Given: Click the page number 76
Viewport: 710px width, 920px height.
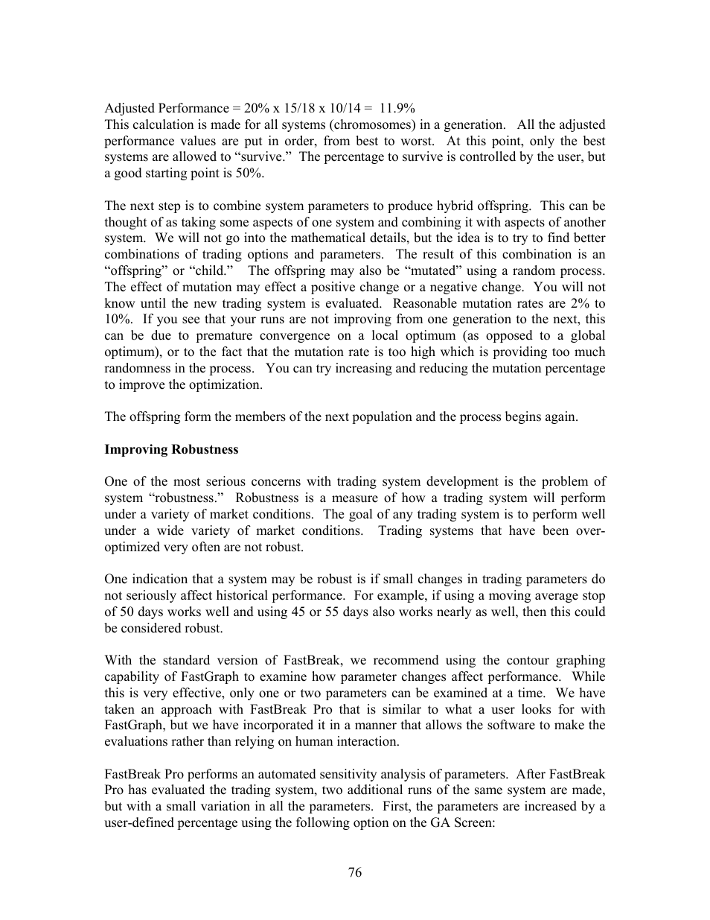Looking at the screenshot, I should click(354, 872).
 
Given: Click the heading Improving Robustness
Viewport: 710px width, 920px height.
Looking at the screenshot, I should click(171, 449).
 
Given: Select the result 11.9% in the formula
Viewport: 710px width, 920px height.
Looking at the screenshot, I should click(397, 108).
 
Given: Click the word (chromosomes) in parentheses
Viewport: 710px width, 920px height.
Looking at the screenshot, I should click(372, 124).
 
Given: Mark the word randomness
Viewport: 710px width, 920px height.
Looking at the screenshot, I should click(137, 369).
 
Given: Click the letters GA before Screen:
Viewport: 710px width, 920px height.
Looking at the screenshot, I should click(438, 822).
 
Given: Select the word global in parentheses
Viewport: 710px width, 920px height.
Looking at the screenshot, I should click(587, 336).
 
